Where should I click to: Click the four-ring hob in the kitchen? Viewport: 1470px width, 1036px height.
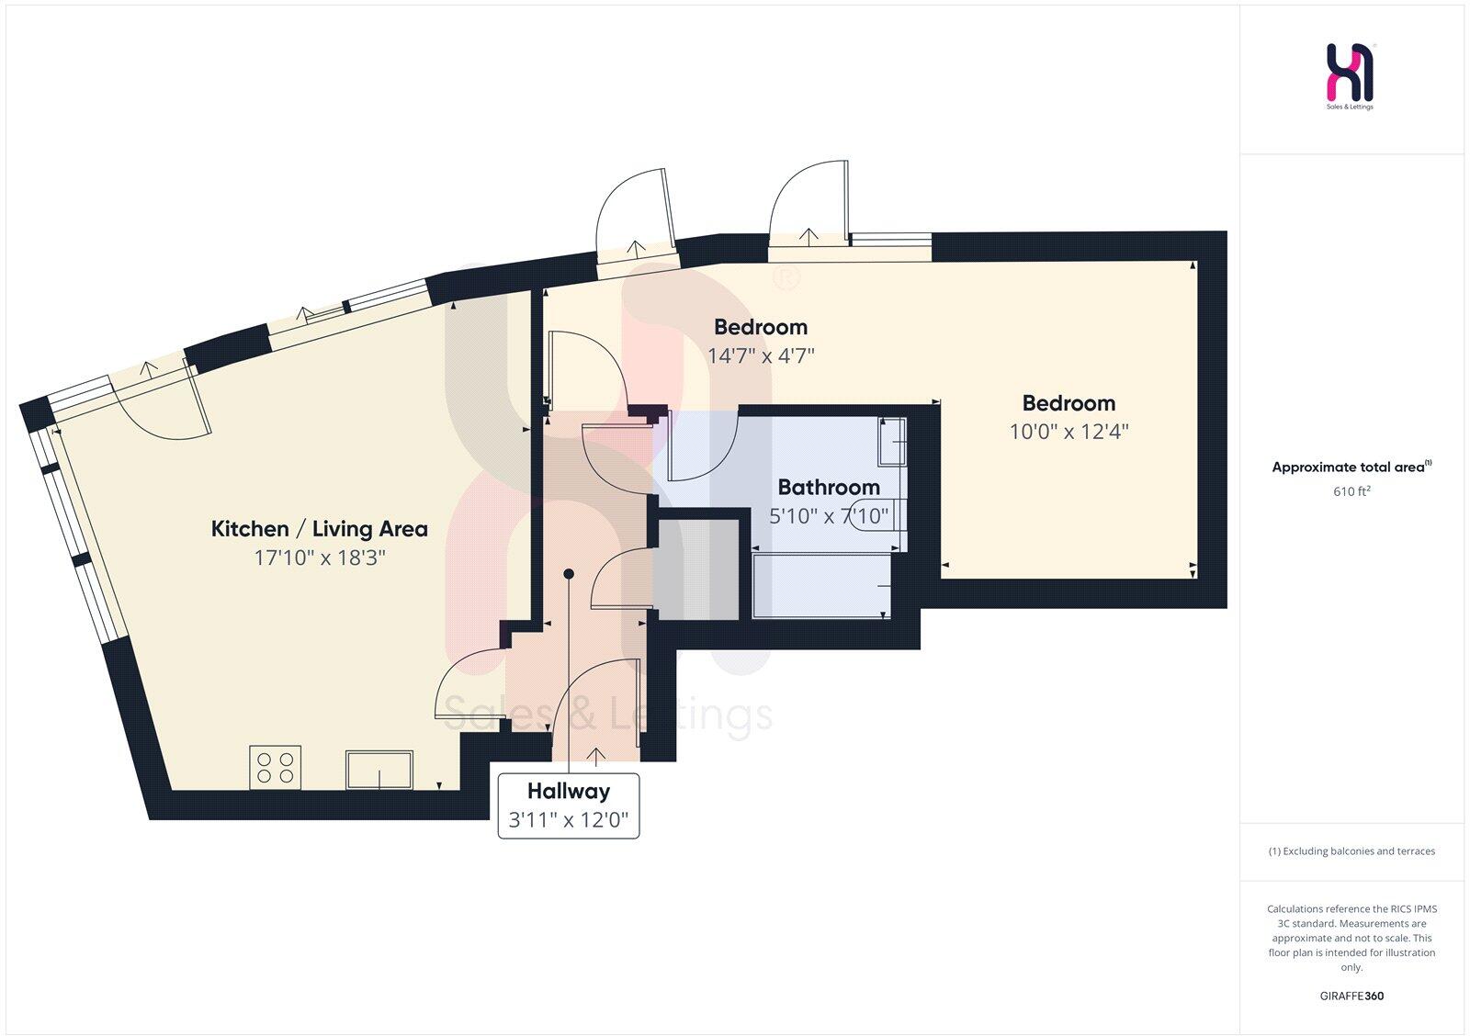(x=276, y=767)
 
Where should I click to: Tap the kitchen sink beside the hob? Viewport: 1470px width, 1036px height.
(x=379, y=770)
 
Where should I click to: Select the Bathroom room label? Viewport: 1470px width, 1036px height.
(x=828, y=487)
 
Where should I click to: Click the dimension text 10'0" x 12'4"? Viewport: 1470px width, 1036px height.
(x=1069, y=431)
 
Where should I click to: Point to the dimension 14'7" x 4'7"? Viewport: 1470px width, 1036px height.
(x=761, y=355)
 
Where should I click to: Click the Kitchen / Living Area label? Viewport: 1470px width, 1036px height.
(x=319, y=528)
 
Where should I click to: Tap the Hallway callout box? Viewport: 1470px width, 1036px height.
(x=568, y=805)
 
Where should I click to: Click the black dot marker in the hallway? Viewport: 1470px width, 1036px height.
(x=569, y=574)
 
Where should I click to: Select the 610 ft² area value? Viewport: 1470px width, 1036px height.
(x=1351, y=491)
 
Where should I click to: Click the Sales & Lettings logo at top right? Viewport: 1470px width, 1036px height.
(x=1350, y=75)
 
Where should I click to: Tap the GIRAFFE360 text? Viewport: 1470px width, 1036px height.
(x=1351, y=996)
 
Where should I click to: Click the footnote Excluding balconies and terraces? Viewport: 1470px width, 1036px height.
(x=1351, y=851)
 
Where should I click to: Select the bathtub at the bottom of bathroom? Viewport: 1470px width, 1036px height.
(x=821, y=586)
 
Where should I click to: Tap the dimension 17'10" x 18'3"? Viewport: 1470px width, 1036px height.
(x=319, y=557)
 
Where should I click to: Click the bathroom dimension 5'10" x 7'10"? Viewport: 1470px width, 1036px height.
(x=828, y=516)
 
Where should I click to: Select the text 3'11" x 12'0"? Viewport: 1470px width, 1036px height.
(x=568, y=819)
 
